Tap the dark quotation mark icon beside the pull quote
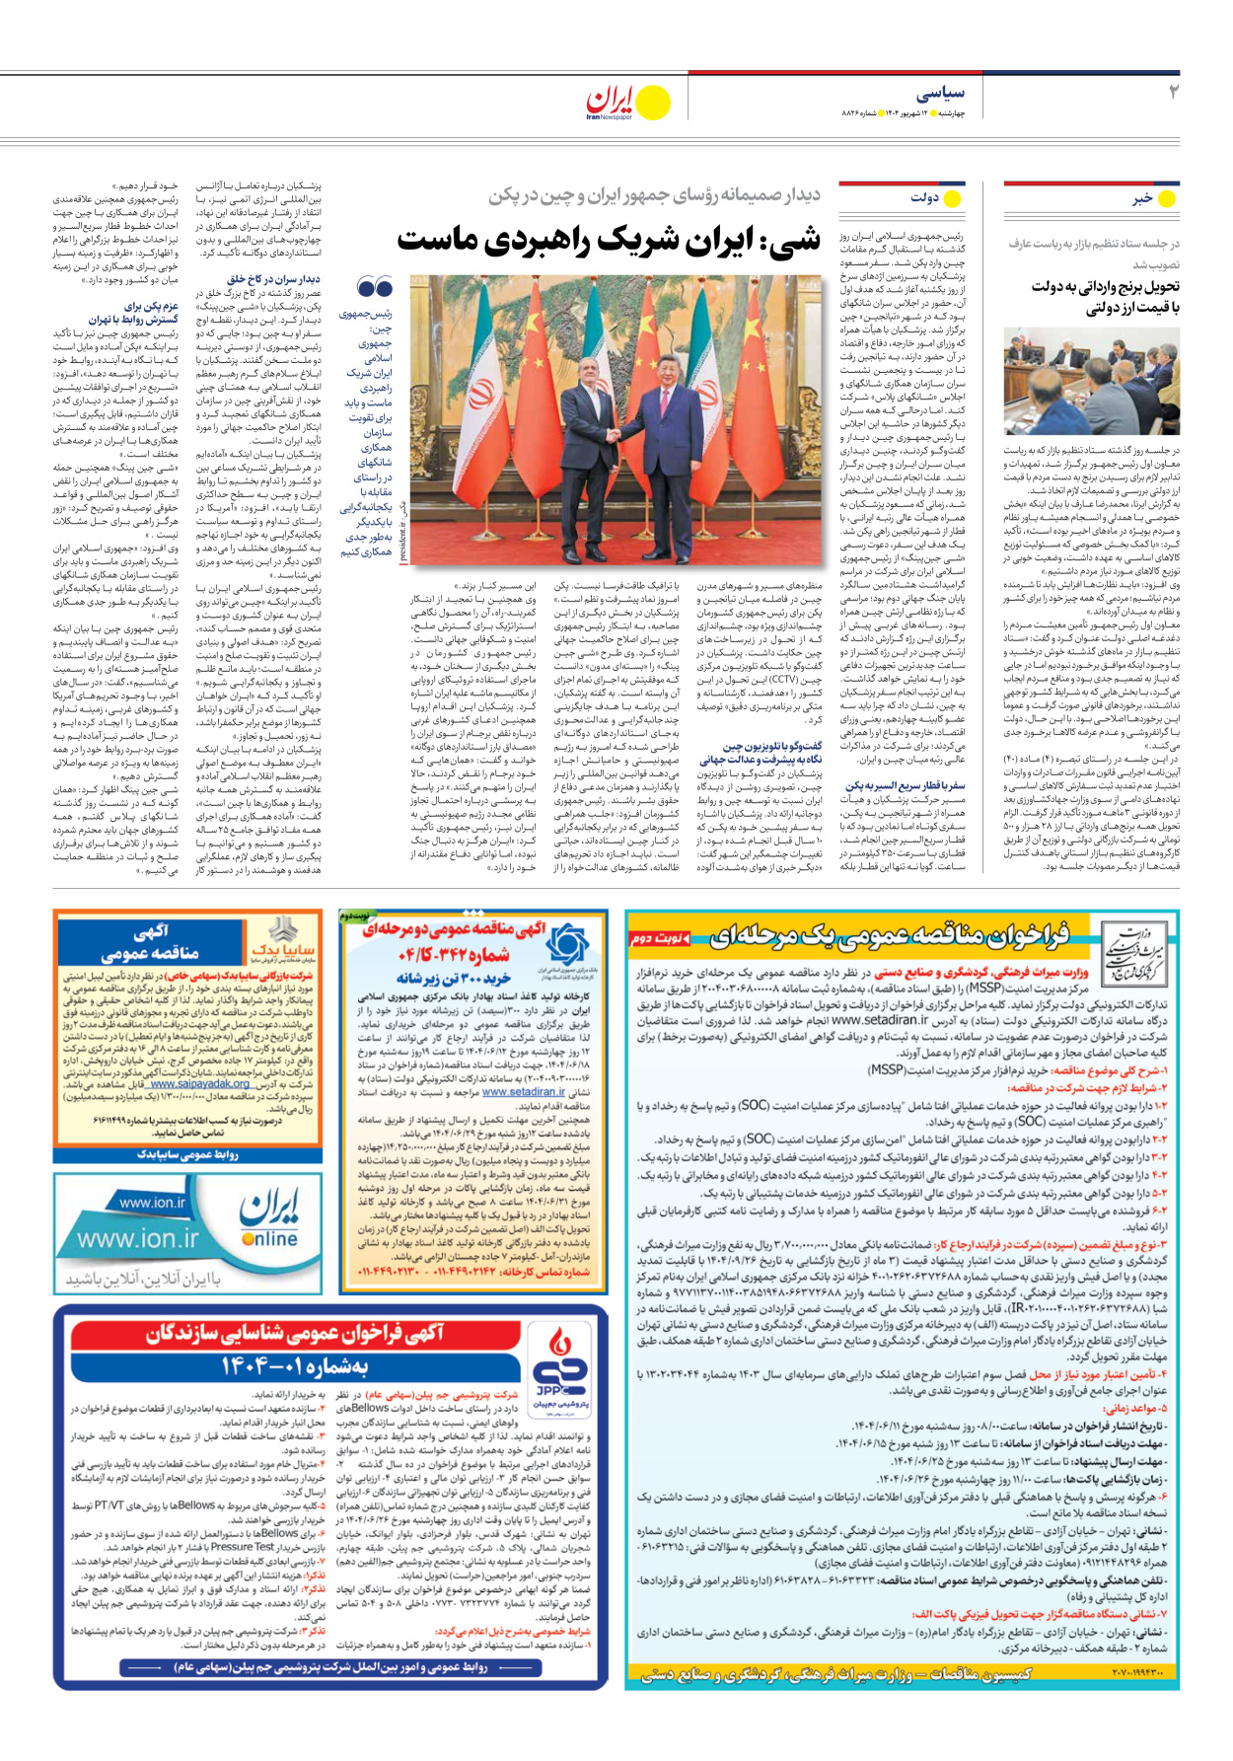(x=375, y=288)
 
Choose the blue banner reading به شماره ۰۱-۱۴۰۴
(x=296, y=1367)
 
